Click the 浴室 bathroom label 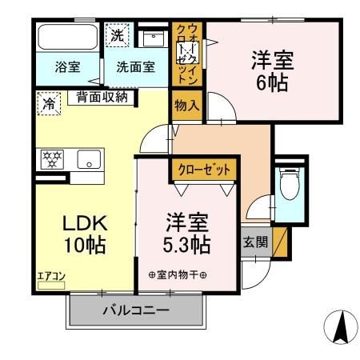[x=67, y=67]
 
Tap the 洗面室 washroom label [x=136, y=67]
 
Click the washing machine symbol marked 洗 [x=117, y=36]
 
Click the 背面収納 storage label [x=102, y=98]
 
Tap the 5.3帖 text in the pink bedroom [x=189, y=243]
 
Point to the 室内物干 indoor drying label [x=177, y=276]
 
